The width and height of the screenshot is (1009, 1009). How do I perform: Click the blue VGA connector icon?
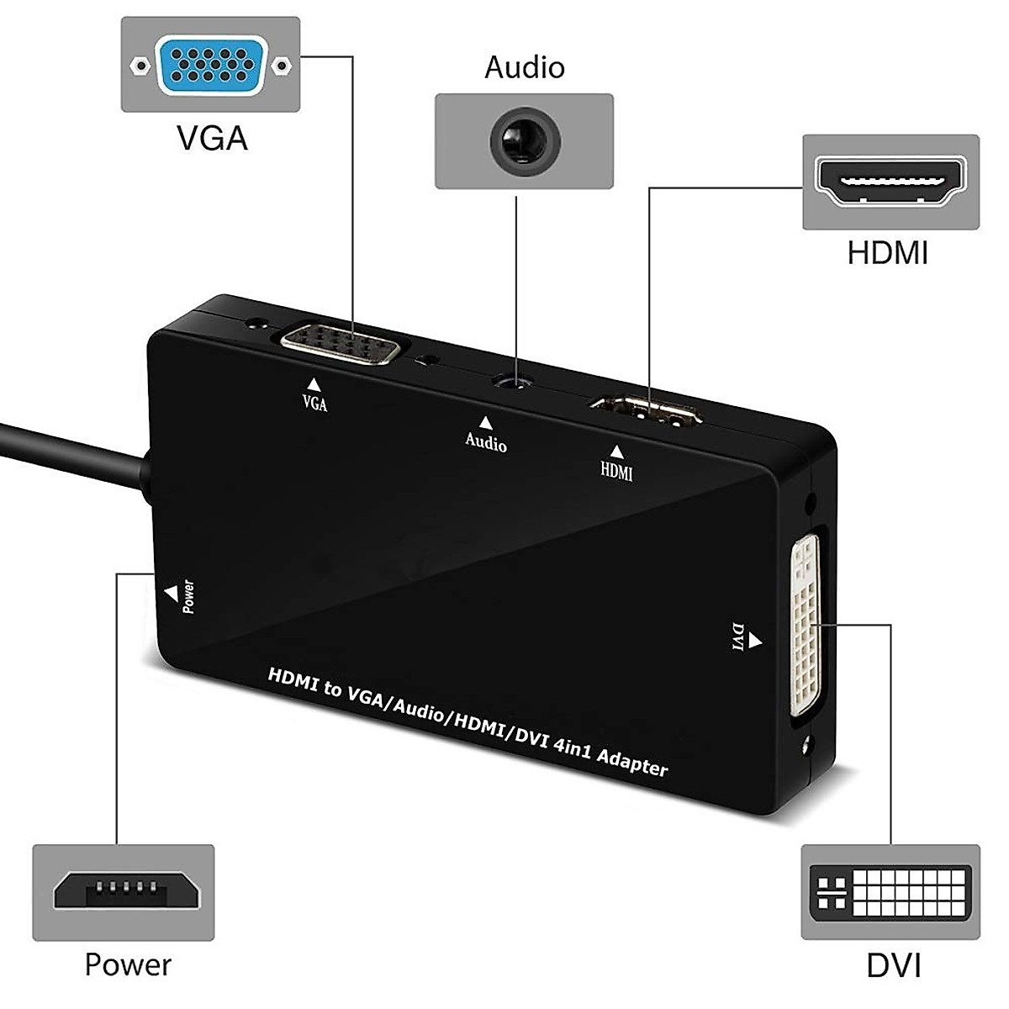pyautogui.click(x=211, y=64)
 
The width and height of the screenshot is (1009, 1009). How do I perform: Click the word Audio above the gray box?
pyautogui.click(x=524, y=67)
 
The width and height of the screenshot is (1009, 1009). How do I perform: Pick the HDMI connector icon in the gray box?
pyautogui.click(x=890, y=182)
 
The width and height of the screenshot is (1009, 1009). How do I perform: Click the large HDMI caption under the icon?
pyautogui.click(x=888, y=252)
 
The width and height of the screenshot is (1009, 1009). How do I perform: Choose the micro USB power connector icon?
pyautogui.click(x=124, y=892)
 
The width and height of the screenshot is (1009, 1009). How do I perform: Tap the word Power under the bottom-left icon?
pyautogui.click(x=128, y=964)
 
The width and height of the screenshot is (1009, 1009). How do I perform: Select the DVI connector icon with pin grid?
pyautogui.click(x=890, y=891)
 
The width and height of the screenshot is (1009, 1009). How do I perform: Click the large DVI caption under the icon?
pyautogui.click(x=894, y=964)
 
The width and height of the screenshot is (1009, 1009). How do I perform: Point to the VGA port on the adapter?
pyautogui.click(x=341, y=343)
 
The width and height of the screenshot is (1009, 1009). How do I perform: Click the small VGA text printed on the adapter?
pyautogui.click(x=314, y=403)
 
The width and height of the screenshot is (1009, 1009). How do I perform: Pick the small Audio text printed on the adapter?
pyautogui.click(x=486, y=441)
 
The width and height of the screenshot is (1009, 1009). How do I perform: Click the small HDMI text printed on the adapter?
pyautogui.click(x=616, y=472)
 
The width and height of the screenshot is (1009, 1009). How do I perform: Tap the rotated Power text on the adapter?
pyautogui.click(x=189, y=597)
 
